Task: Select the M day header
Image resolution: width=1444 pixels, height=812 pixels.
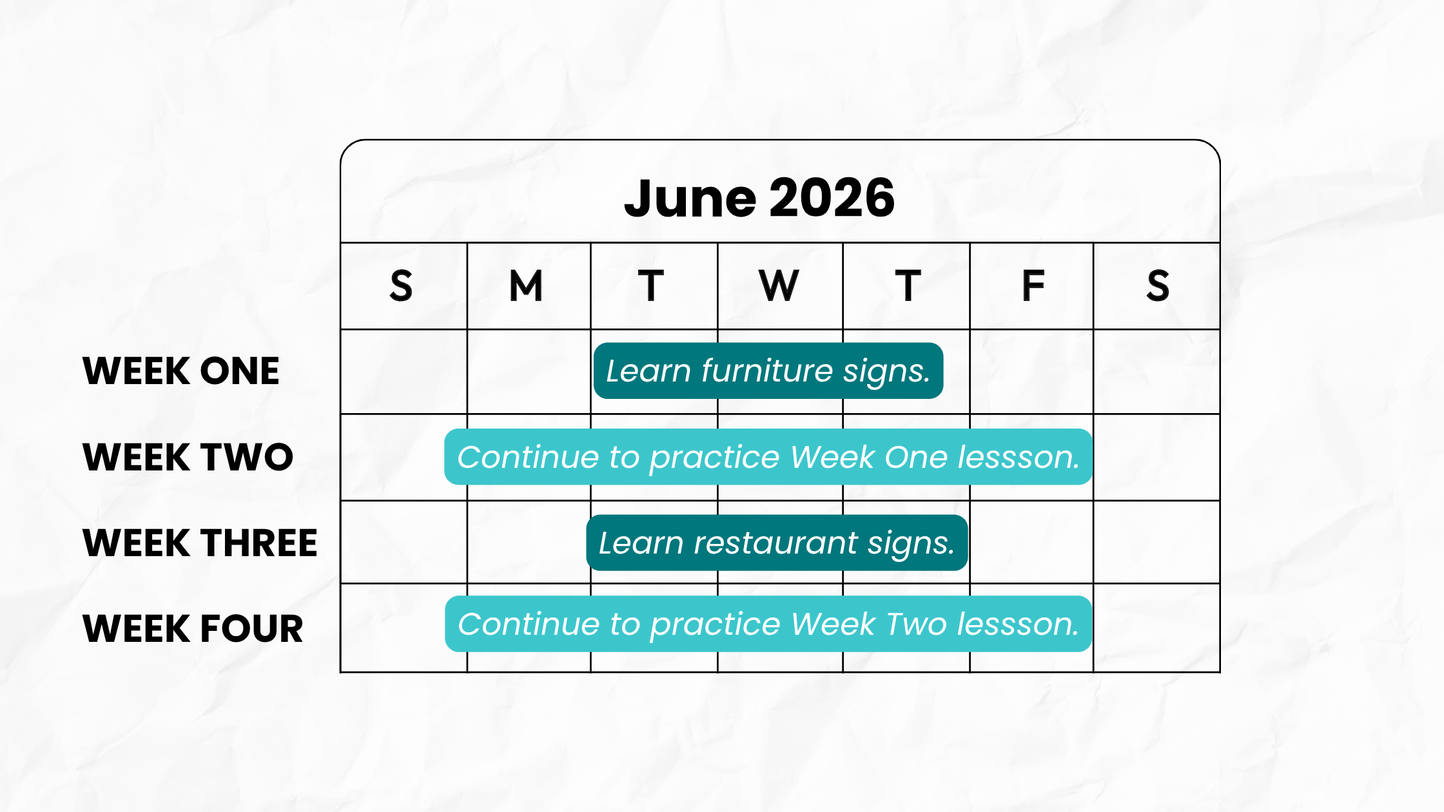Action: (x=526, y=285)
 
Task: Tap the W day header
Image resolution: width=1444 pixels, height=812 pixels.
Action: (x=779, y=285)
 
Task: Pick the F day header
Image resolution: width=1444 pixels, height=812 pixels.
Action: (x=1033, y=285)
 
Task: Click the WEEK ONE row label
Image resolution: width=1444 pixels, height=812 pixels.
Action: (x=181, y=371)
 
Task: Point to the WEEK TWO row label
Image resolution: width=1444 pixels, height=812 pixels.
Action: (x=188, y=457)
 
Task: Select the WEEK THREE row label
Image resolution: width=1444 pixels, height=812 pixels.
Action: (x=200, y=543)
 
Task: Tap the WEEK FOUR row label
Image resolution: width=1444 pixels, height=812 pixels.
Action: (x=193, y=628)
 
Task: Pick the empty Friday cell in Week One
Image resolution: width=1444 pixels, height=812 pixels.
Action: (x=1031, y=372)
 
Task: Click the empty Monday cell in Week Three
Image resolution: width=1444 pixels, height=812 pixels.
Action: (x=529, y=542)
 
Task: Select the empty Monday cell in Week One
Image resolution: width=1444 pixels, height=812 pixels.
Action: (x=529, y=372)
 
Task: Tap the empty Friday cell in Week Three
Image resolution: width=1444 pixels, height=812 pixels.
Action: (x=1031, y=542)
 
